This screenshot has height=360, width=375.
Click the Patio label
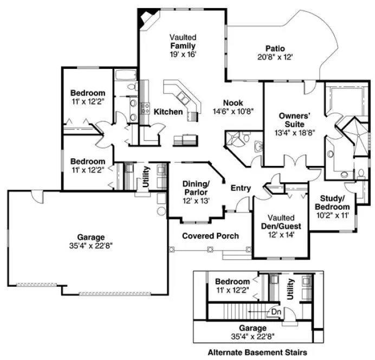tap(275, 48)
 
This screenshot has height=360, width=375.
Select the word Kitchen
tap(168, 112)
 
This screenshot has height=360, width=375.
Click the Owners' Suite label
tap(294, 120)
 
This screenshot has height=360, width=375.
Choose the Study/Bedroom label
tap(333, 202)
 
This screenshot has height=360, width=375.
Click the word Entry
tap(241, 188)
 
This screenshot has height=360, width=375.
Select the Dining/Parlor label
tap(196, 189)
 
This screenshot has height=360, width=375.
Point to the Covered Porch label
tap(210, 236)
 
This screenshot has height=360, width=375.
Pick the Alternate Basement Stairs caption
tap(258, 352)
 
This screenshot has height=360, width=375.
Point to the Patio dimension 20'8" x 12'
tap(275, 56)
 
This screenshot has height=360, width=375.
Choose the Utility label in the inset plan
tap(290, 288)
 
